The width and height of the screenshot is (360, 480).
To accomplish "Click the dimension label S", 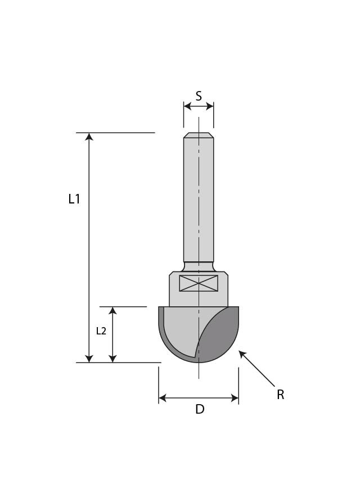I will (x=199, y=96).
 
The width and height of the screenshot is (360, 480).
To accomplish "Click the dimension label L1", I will (x=74, y=199).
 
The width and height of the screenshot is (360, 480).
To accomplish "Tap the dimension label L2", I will (x=101, y=331).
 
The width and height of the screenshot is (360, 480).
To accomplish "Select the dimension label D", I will (x=199, y=409).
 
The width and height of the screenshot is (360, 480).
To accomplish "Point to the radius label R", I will (x=280, y=395).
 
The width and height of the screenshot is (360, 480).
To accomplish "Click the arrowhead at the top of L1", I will (x=89, y=137).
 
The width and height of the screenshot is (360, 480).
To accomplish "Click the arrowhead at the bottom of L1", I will (x=89, y=358).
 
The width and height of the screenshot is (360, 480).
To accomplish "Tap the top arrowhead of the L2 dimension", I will (x=112, y=311).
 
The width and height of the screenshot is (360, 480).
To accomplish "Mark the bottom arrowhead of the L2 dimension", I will (x=112, y=358).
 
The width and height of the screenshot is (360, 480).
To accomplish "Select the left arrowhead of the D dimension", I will (x=163, y=398).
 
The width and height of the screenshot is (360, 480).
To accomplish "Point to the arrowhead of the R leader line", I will (x=242, y=354).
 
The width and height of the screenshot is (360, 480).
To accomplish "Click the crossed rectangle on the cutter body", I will (x=199, y=283).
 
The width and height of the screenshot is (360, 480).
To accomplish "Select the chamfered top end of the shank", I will (x=199, y=135).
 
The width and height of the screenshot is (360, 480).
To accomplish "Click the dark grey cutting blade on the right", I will (x=220, y=336).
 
